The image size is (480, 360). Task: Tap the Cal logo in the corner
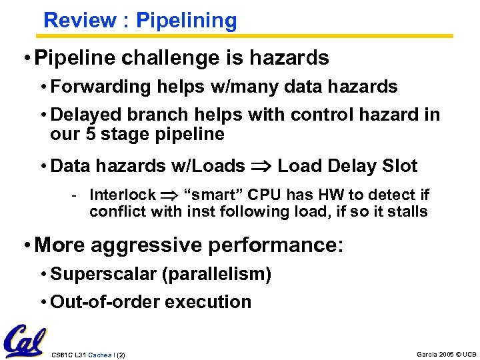(x=24, y=341)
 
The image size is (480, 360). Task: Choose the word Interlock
(x=122, y=195)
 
